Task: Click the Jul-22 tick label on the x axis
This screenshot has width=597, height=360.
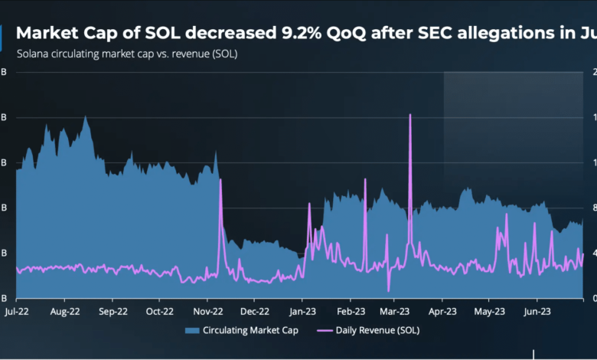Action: [x=17, y=312]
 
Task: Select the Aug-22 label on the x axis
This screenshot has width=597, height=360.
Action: [x=65, y=312]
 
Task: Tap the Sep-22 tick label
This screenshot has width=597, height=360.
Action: [x=113, y=312]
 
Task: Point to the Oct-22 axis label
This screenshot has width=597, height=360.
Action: [x=160, y=312]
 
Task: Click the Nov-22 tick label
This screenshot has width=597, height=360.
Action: [x=207, y=312]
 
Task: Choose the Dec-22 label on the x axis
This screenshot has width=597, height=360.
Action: [x=254, y=312]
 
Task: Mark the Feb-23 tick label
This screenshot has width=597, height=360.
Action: [x=349, y=312]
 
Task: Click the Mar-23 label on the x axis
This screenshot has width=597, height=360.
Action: [x=395, y=312]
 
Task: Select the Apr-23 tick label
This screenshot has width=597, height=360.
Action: [x=442, y=312]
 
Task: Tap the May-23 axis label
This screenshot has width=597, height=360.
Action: [x=489, y=312]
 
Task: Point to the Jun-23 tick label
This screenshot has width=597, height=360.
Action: [x=537, y=312]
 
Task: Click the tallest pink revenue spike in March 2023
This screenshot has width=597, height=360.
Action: [x=410, y=115]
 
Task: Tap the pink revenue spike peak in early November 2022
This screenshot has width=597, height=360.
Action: [x=220, y=180]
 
